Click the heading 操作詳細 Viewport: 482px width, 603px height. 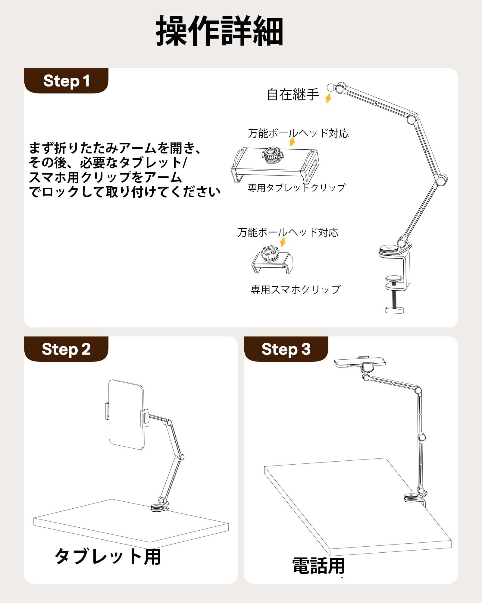(x=220, y=31)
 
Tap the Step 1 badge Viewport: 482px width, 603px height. (x=66, y=81)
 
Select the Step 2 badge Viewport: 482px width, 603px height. (x=66, y=349)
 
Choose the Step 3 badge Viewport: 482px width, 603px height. (x=286, y=349)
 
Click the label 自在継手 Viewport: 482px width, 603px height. (x=293, y=95)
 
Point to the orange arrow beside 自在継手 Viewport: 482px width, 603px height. (x=328, y=98)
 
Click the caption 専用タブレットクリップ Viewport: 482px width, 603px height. (x=297, y=188)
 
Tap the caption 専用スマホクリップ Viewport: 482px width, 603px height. (x=296, y=289)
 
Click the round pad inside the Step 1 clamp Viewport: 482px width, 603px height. (x=394, y=279)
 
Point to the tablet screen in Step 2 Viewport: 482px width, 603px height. (x=127, y=415)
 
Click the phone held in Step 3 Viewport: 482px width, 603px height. (x=360, y=363)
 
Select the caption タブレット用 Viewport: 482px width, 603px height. (x=108, y=557)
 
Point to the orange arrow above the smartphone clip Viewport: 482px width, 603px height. (x=283, y=242)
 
